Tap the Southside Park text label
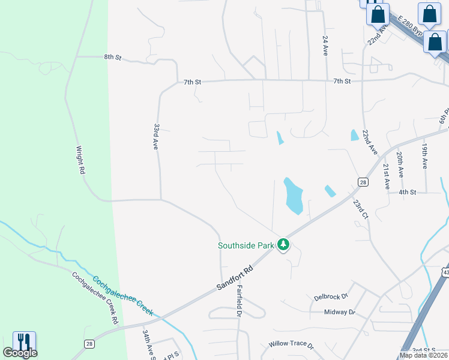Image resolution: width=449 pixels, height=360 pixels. (246, 245)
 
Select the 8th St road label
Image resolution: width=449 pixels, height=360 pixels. (112, 58)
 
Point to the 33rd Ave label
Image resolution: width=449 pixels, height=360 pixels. (156, 137)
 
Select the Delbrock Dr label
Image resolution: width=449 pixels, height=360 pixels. (331, 297)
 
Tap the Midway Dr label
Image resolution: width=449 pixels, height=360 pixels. (339, 312)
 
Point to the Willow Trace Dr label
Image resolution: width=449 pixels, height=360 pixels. (291, 346)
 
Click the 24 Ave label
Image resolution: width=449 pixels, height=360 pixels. (325, 46)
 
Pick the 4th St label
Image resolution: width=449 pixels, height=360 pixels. (408, 192)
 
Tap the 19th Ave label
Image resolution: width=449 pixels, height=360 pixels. (424, 155)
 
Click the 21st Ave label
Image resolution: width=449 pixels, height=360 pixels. (386, 176)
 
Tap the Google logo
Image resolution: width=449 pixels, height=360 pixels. (20, 353)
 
